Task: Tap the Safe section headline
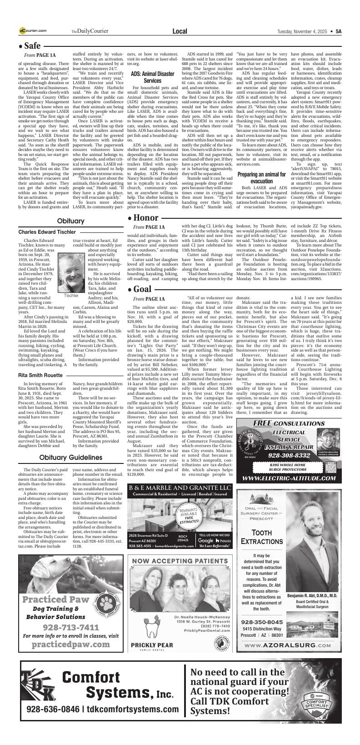30,46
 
